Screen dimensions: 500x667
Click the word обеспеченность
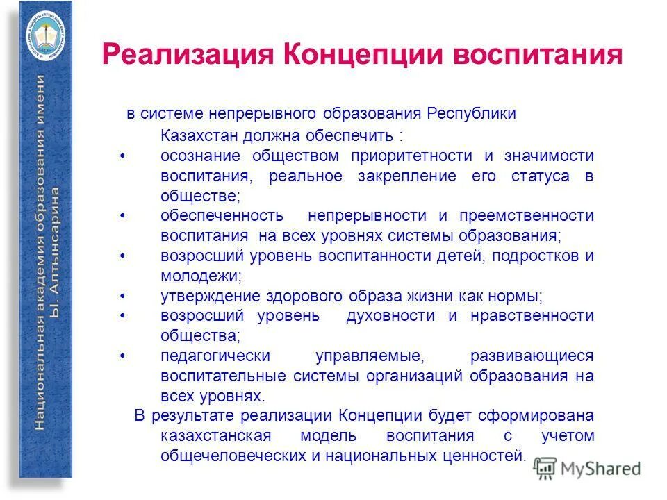[221, 216]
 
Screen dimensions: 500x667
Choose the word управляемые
[368, 356]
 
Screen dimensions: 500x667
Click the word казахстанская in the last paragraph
[215, 436]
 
